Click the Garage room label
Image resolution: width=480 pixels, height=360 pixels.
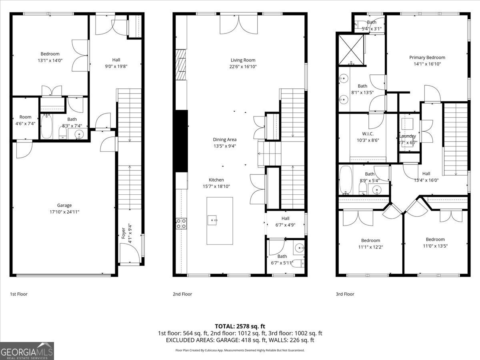pos(64,205)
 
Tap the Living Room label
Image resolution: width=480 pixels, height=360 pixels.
pos(243,60)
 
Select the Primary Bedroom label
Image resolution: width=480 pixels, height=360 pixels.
pos(427,57)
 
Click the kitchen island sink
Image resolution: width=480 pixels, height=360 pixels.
pos(212,219)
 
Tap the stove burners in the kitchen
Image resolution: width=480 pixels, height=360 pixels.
pos(181,224)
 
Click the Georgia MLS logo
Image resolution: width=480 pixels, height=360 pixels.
pos(27,351)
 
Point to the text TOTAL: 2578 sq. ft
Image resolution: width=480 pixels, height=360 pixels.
pos(240,326)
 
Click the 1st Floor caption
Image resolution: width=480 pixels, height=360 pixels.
pos(19,294)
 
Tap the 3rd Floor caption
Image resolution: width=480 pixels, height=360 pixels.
pos(345,294)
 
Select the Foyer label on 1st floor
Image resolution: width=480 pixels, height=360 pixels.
pos(124,233)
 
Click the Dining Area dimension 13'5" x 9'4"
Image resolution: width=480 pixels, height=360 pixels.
pos(224,146)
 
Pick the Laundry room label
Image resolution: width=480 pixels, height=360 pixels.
pos(408,136)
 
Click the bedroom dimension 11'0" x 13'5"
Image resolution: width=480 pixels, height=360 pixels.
pos(435,246)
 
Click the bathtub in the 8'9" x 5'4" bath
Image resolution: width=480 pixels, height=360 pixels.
pos(346,180)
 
